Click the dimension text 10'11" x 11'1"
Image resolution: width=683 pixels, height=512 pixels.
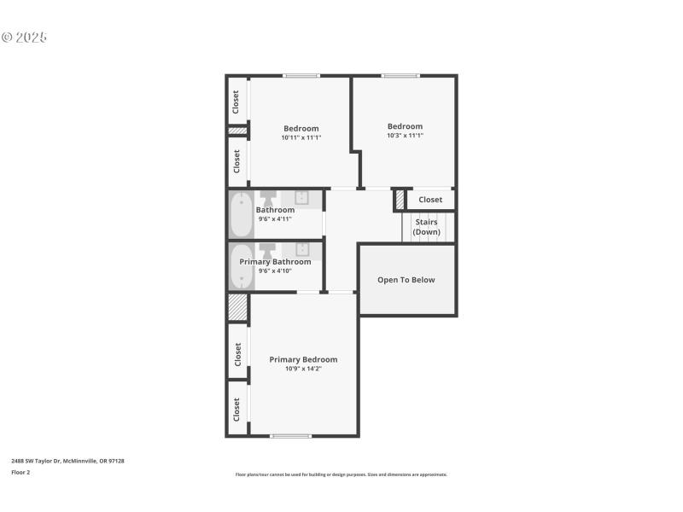tap(301, 137)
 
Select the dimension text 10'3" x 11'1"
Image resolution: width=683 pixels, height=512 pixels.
tap(405, 135)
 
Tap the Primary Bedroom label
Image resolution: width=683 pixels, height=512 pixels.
tap(303, 359)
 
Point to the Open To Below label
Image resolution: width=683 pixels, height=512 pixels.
tap(406, 280)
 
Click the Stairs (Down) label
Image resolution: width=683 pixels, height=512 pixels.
tap(426, 227)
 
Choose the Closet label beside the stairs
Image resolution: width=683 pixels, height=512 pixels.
tap(430, 200)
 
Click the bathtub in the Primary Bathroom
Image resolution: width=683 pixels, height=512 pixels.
tap(241, 268)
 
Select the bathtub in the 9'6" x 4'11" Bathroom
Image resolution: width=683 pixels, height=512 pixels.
tap(241, 214)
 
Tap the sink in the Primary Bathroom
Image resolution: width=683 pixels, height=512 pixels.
tap(301, 249)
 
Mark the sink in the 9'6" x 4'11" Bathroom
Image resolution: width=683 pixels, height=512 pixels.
tap(301, 197)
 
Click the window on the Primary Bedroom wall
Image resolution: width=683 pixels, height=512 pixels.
tap(291, 436)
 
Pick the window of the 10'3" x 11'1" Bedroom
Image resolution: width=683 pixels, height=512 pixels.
tap(400, 76)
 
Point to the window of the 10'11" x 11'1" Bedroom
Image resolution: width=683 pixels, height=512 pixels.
tap(301, 76)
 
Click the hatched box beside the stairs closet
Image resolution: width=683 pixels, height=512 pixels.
tap(399, 201)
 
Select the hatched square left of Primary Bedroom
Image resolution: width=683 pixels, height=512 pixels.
tap(237, 307)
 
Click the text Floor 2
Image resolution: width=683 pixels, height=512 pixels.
tap(20, 472)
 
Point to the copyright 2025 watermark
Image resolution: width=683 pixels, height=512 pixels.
tap(24, 38)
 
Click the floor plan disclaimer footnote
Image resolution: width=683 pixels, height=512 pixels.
tap(341, 474)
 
